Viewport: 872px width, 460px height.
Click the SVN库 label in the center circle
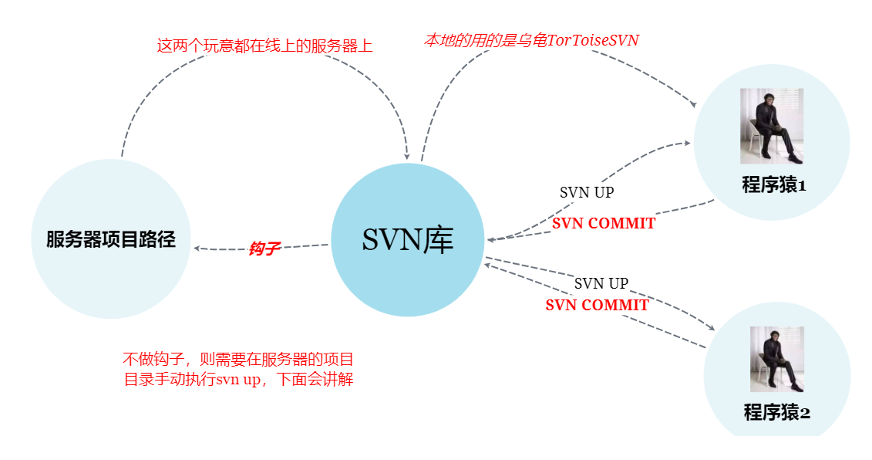pos(408,240)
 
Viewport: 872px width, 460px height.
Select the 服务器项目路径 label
pos(111,239)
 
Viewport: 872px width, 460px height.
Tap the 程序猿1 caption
pos(773,185)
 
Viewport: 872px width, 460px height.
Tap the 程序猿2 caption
pos(776,412)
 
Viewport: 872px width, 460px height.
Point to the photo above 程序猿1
pos(772,126)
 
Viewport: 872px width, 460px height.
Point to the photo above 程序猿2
pos(776,359)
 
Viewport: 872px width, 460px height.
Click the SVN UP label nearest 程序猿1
pos(587,192)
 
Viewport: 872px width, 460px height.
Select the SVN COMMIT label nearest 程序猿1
pos(604,224)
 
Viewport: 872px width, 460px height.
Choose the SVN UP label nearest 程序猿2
pos(601,283)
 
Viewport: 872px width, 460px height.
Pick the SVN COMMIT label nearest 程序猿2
pos(597,305)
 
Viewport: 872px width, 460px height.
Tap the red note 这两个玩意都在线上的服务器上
pos(264,46)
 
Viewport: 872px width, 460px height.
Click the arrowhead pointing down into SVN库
pos(407,155)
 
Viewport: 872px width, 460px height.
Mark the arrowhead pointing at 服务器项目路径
pos(198,248)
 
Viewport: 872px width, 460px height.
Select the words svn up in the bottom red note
pos(237,380)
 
